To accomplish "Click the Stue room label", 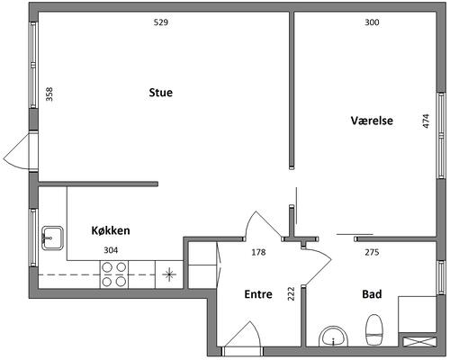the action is coord(161,93).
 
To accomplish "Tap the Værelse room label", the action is coord(372,121).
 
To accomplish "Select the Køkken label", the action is coord(111,230).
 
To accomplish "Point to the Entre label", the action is coord(258,294).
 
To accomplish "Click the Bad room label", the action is coord(372,294).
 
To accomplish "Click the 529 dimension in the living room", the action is coord(161,22).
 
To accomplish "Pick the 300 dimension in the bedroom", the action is coord(372,22).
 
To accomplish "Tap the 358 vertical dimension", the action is coord(49,94).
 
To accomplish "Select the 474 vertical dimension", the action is coord(426,121).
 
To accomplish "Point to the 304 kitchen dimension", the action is coord(111,250).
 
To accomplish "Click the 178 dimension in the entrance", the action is coord(258,252).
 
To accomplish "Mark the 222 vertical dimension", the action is coord(291,293).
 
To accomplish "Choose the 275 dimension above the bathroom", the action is coord(372,252).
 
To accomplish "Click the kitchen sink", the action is coord(52,238).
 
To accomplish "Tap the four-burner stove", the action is coord(114,274).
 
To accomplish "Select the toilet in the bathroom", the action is coord(374,329).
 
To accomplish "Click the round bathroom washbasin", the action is coord(333,337).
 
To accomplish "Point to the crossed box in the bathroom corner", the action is coord(419,342).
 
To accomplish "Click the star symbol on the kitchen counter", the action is coord(169,274).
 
